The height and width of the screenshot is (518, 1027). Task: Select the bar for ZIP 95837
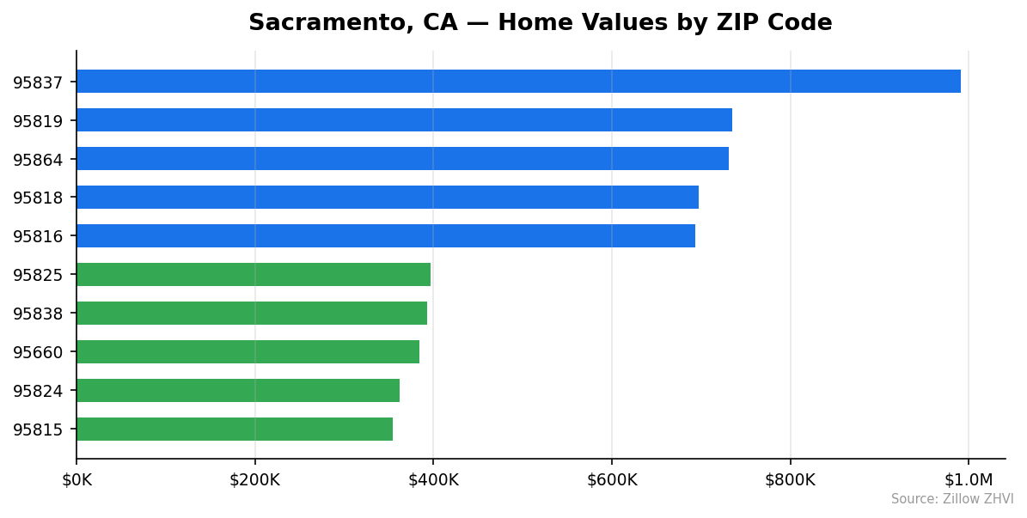pos(518,82)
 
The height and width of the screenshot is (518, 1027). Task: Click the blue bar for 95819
pos(404,120)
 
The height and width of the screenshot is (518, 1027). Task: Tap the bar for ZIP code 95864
pos(402,159)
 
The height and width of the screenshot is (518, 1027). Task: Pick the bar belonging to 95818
pos(388,198)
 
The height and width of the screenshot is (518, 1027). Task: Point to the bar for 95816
pos(386,236)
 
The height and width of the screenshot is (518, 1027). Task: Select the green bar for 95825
pos(254,275)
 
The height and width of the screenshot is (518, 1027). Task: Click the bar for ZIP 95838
pos(252,314)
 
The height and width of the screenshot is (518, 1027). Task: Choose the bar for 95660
pos(248,352)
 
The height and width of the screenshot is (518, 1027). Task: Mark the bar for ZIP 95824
pos(238,391)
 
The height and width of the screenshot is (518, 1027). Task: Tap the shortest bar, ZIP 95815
pos(235,430)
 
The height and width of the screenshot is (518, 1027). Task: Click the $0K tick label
pos(76,480)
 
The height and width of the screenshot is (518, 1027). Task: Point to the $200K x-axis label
pos(254,480)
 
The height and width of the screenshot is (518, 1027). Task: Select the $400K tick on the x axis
pos(433,480)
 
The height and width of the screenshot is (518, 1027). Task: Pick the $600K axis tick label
pos(612,480)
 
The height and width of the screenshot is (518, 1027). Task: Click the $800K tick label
pos(790,480)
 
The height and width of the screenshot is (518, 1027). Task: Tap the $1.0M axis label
pos(969,480)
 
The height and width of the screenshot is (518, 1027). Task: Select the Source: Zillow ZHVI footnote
pos(951,500)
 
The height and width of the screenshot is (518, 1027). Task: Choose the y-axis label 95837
pos(38,82)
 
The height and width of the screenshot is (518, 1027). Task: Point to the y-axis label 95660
pos(38,353)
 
